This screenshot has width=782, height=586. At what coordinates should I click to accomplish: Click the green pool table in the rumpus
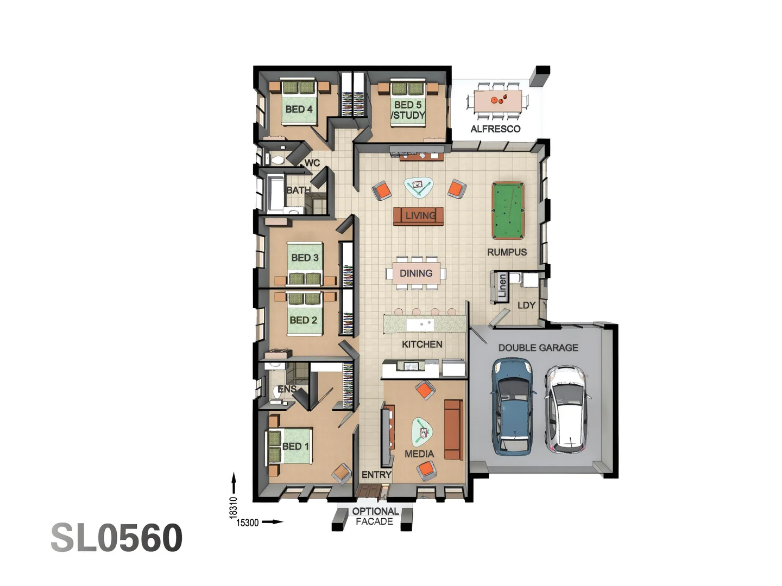(x=508, y=211)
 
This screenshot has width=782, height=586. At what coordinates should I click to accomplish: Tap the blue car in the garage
(x=512, y=407)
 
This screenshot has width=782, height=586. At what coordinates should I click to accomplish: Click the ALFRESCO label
(x=495, y=129)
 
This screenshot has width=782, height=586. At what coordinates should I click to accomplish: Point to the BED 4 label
(x=299, y=109)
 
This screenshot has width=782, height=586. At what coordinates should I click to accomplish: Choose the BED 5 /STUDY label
(x=408, y=110)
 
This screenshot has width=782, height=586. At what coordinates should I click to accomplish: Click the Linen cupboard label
(x=502, y=286)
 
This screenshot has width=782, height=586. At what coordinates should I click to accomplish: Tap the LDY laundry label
(x=526, y=305)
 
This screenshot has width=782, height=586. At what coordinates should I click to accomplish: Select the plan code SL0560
(x=117, y=538)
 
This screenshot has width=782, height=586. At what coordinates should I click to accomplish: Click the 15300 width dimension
(x=247, y=523)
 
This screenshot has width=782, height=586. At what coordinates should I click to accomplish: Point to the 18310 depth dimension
(x=233, y=508)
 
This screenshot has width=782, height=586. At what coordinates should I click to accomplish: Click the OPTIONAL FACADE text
(x=375, y=516)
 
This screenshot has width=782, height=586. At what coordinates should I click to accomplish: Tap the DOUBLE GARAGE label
(x=538, y=348)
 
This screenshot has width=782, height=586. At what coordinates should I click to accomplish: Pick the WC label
(x=312, y=163)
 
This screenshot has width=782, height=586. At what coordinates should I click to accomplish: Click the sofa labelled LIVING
(x=418, y=216)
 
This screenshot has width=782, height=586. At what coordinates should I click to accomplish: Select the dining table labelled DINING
(x=416, y=273)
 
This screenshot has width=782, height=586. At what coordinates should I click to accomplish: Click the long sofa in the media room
(x=453, y=430)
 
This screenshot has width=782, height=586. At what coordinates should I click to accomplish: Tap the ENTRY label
(x=376, y=475)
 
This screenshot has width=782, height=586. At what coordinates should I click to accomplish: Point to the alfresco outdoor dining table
(x=497, y=101)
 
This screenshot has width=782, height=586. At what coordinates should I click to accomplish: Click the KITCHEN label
(x=422, y=344)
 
